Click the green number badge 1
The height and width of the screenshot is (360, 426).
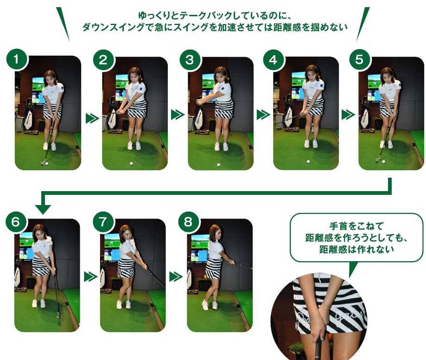pyautogui.click(x=16, y=59)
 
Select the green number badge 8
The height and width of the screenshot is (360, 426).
pyautogui.click(x=188, y=221)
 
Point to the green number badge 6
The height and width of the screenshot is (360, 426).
pyautogui.click(x=16, y=222)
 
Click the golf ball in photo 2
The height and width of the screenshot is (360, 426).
pyautogui.click(x=131, y=163)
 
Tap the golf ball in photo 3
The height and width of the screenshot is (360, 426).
pyautogui.click(x=218, y=165)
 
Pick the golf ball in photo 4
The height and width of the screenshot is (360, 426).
pyautogui.click(x=308, y=161)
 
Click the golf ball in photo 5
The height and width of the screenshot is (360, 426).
pyautogui.click(x=384, y=161)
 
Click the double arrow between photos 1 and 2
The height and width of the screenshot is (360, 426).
pyautogui.click(x=92, y=118)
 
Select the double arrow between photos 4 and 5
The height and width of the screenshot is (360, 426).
pyautogui.click(x=348, y=115)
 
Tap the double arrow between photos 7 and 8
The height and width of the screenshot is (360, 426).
pyautogui.click(x=176, y=277)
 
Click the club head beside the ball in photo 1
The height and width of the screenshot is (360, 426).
pyautogui.click(x=43, y=163)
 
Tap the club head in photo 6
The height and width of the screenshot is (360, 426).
pyautogui.click(x=58, y=315)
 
